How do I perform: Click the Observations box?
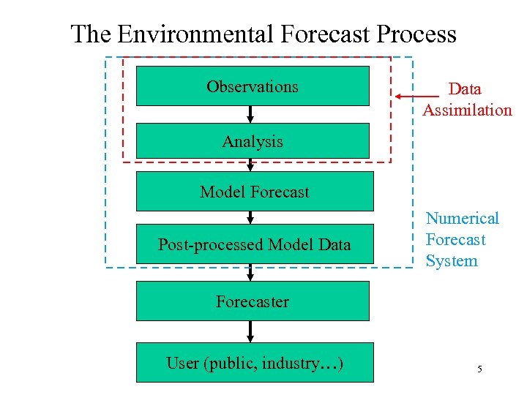pyautogui.click(x=253, y=86)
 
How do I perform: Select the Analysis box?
pyautogui.click(x=253, y=141)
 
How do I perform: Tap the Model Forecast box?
pyautogui.click(x=254, y=192)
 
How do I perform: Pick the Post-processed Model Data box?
pyautogui.click(x=254, y=244)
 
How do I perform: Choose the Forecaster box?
pyautogui.click(x=253, y=301)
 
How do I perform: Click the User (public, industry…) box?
pyautogui.click(x=254, y=363)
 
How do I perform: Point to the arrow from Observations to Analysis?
pyautogui.click(x=250, y=114)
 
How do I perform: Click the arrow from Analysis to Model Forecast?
pyautogui.click(x=250, y=165)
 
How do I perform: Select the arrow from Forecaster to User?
pyautogui.click(x=250, y=331)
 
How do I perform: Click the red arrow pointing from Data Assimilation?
pyautogui.click(x=417, y=96)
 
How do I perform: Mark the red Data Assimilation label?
pyautogui.click(x=466, y=99)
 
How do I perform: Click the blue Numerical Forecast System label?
pyautogui.click(x=462, y=239)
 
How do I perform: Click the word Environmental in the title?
pyautogui.click(x=194, y=34)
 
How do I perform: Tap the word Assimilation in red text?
pyautogui.click(x=467, y=110)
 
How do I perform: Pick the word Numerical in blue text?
pyautogui.click(x=462, y=218)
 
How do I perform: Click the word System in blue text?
pyautogui.click(x=452, y=260)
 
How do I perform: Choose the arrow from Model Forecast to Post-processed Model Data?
pyautogui.click(x=250, y=217)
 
